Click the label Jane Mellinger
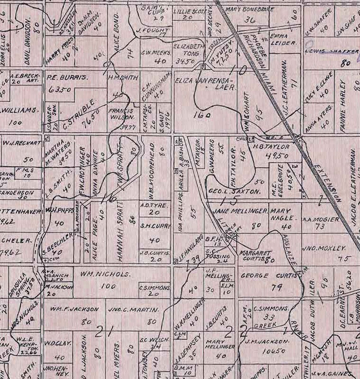[x=241, y=211]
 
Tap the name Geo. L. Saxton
[x=235, y=191]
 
